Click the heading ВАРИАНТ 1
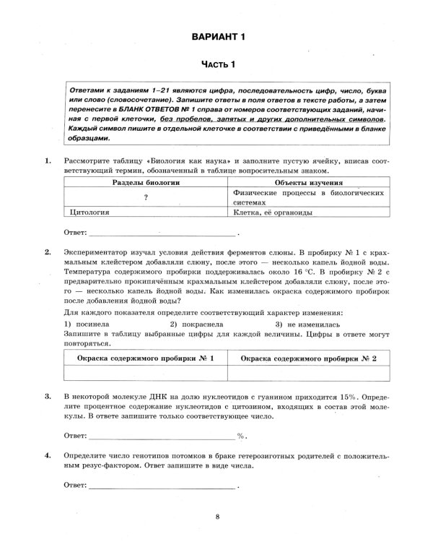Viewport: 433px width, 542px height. (x=217, y=37)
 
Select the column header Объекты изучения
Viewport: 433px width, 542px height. (x=308, y=184)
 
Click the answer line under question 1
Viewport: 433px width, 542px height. (x=162, y=233)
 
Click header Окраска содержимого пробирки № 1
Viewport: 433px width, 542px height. (x=146, y=358)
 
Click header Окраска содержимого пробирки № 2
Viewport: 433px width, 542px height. (x=308, y=358)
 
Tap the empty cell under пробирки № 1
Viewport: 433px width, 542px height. (x=146, y=373)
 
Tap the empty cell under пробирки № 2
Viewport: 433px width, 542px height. (x=308, y=373)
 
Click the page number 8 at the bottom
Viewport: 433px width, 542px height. (x=217, y=516)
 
